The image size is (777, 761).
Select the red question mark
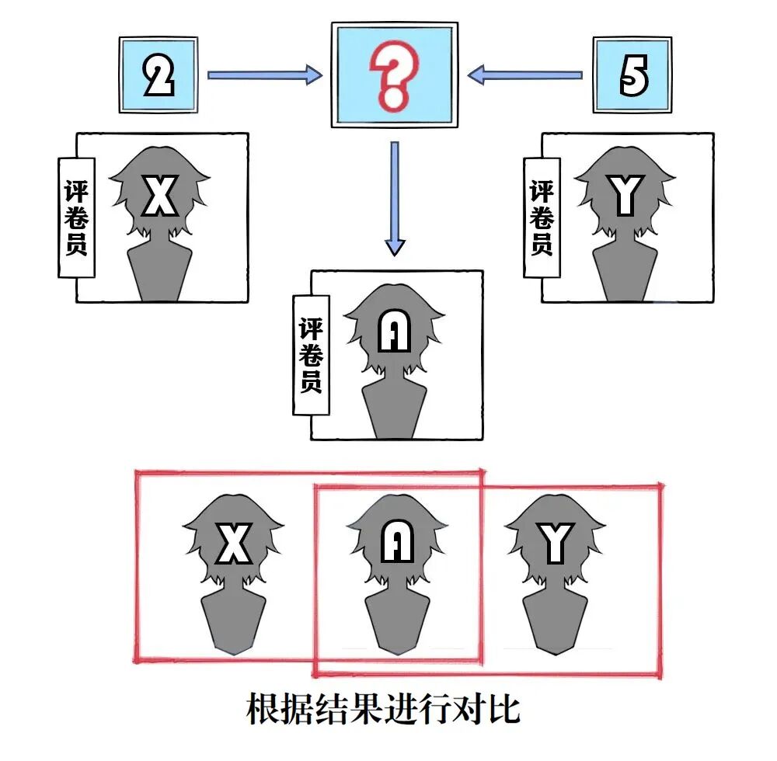click(392, 74)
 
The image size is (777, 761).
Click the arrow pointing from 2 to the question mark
click(264, 75)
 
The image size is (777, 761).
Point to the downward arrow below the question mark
click(395, 198)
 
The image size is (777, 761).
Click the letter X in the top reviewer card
click(161, 196)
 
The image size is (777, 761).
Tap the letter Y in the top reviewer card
click(625, 196)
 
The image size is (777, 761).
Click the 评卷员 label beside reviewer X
click(76, 218)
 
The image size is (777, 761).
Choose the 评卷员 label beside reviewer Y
click(542, 218)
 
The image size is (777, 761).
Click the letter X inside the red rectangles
click(233, 543)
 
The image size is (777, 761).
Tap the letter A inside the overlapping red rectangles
click(397, 543)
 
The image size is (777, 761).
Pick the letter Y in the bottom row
click(556, 543)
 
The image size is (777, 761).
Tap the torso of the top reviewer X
click(159, 272)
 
